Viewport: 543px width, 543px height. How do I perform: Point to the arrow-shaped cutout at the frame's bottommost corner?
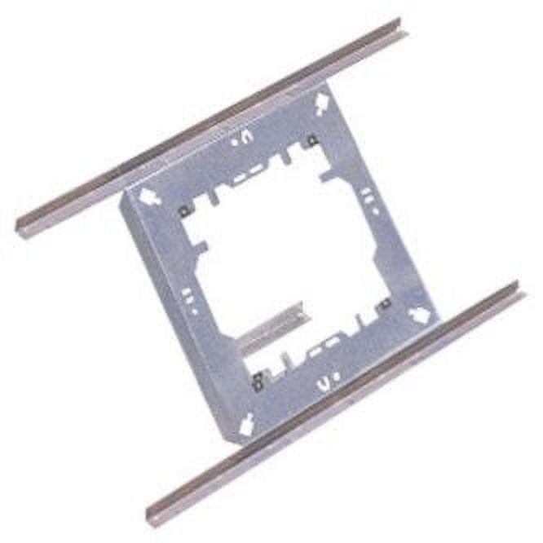pyautogui.click(x=246, y=422)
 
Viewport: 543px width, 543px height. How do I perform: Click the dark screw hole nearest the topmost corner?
pyautogui.click(x=311, y=142)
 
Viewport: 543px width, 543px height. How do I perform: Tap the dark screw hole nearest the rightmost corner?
pyautogui.click(x=383, y=303)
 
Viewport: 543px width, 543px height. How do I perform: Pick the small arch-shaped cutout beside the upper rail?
pyautogui.click(x=242, y=139)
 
